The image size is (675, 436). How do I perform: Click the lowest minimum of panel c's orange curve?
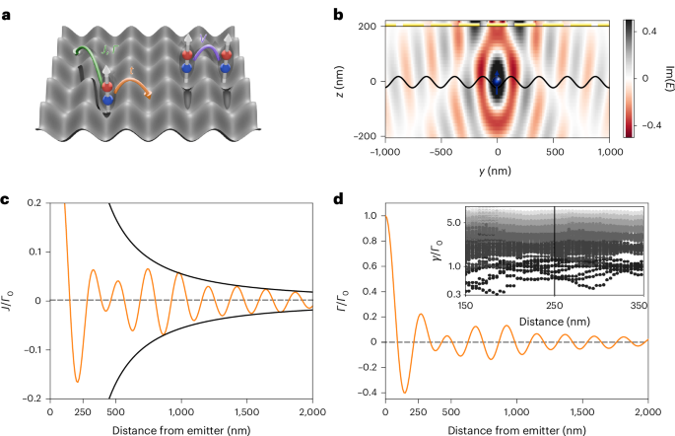[77, 381]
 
